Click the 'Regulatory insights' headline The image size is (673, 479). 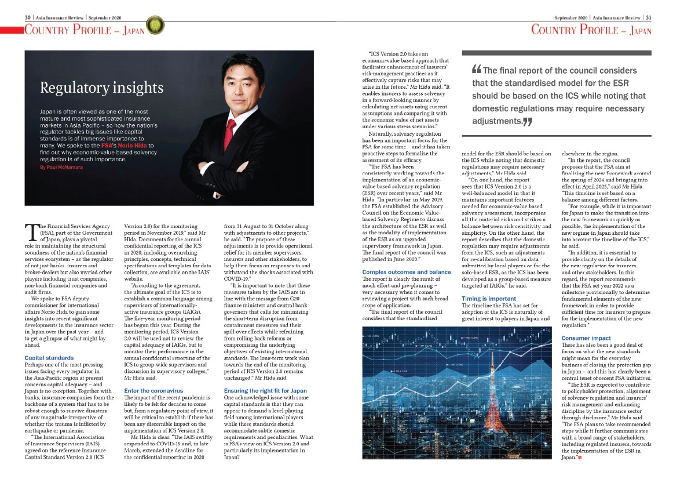coord(101,88)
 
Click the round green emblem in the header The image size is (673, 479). coord(153,24)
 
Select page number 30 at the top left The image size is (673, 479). coord(27,17)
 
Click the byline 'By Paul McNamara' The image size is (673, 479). coord(62,167)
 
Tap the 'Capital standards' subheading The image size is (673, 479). coord(49,358)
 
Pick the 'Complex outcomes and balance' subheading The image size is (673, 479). coord(406,272)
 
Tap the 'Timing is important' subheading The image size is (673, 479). coord(489,298)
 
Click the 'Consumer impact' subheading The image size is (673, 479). coord(586,338)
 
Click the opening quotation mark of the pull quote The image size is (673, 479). coord(477,71)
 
